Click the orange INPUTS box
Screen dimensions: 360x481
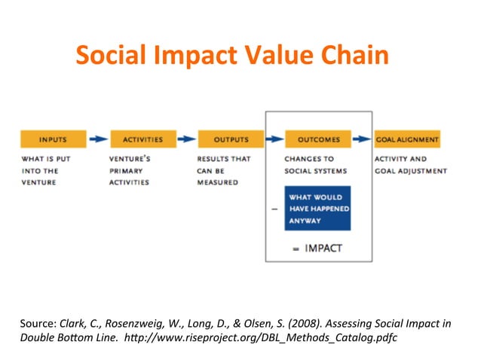point(52,139)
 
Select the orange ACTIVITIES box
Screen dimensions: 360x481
point(142,139)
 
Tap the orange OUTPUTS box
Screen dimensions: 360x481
point(231,139)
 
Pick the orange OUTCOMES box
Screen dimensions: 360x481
point(318,139)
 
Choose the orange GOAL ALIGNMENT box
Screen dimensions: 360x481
point(407,139)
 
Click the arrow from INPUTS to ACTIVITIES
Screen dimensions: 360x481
point(97,139)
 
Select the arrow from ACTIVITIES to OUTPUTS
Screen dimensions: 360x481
point(185,139)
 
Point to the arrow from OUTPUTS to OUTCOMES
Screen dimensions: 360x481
point(274,139)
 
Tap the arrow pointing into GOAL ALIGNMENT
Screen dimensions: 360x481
point(363,139)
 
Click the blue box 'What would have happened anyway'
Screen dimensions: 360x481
point(317,209)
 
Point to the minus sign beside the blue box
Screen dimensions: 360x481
point(274,209)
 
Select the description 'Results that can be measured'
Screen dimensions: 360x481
point(223,171)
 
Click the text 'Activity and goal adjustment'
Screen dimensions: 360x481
point(410,165)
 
